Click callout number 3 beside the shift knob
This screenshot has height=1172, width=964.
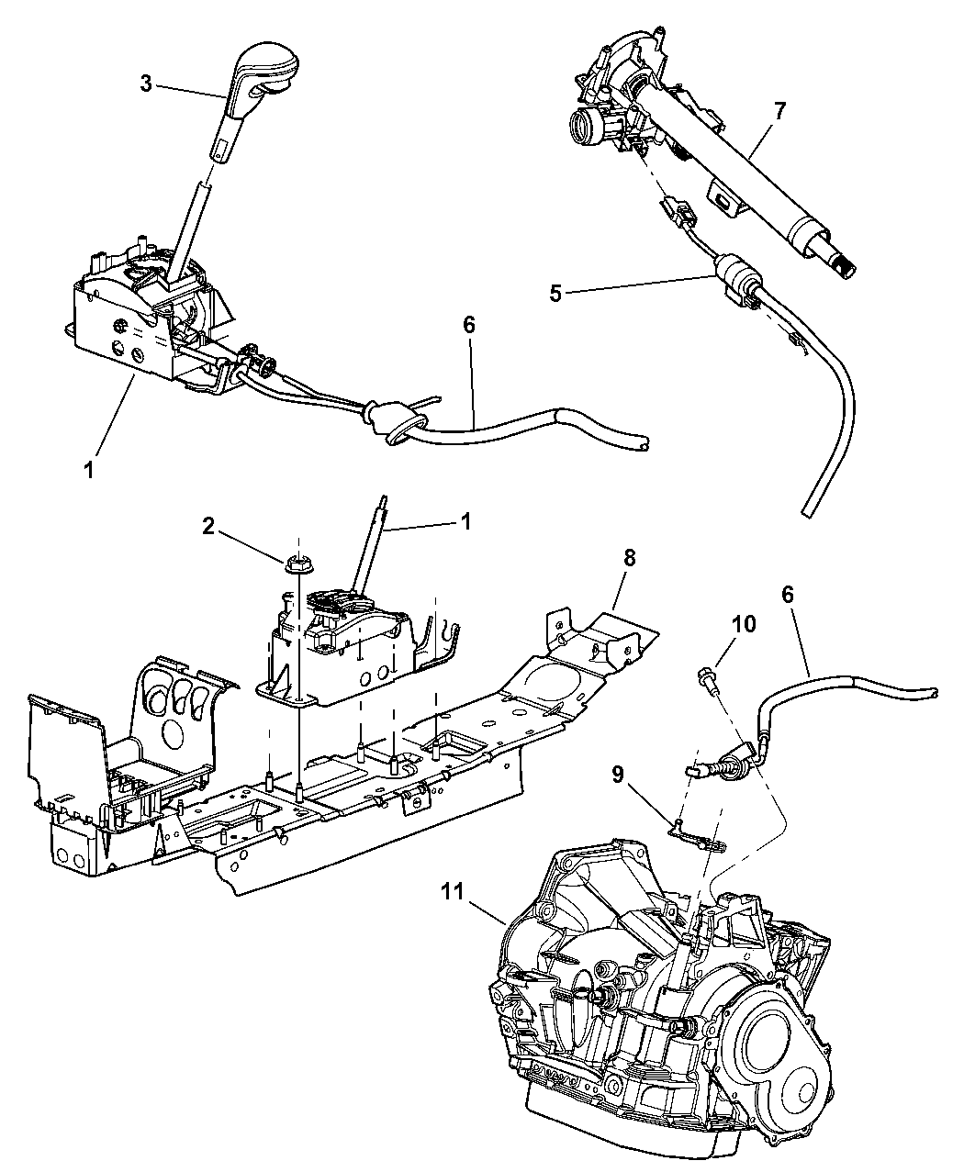(x=145, y=83)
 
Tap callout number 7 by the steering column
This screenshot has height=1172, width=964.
(x=779, y=112)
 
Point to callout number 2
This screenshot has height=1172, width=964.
(x=208, y=526)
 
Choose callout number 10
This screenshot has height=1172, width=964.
(x=743, y=624)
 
